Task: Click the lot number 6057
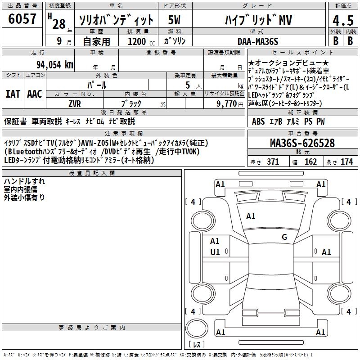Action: (x=22, y=19)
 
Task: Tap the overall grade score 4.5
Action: (x=343, y=21)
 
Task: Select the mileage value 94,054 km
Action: (x=54, y=65)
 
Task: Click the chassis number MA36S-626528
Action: (x=302, y=143)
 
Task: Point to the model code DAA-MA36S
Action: (x=258, y=41)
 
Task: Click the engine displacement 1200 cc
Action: (x=141, y=41)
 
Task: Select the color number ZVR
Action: (x=75, y=104)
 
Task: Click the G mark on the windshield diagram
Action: (x=284, y=237)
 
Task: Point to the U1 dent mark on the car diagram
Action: (x=215, y=252)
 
